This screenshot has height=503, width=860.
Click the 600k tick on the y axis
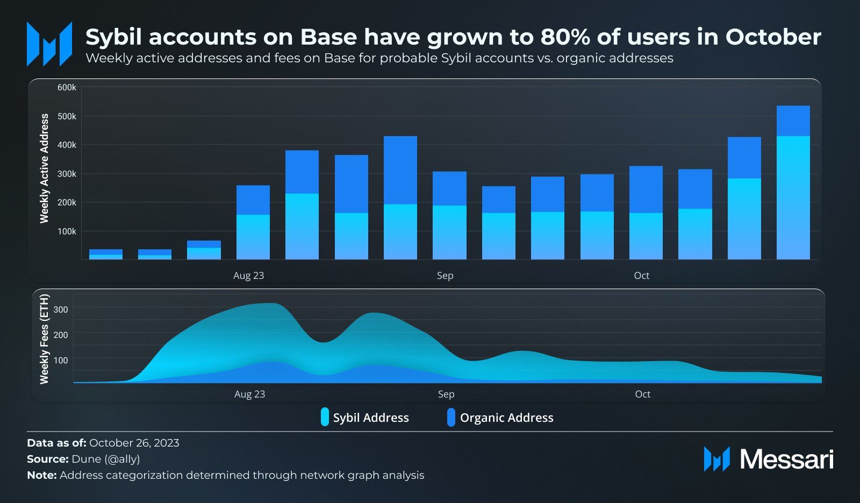[x=67, y=88]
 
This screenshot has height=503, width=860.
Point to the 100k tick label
[x=67, y=232]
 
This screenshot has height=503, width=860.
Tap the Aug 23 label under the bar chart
[x=248, y=276]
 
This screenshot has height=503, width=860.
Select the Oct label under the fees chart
[x=642, y=394]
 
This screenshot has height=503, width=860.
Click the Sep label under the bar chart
[x=445, y=276]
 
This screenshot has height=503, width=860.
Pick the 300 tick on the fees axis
[x=61, y=310]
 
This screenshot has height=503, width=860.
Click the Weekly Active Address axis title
[x=44, y=168]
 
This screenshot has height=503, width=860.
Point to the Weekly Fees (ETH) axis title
[x=44, y=339]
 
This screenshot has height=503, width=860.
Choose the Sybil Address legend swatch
[x=325, y=418]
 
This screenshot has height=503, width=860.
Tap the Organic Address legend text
[x=506, y=418]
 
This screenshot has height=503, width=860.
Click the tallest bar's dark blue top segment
[x=793, y=121]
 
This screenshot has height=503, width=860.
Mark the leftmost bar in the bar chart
[x=106, y=254]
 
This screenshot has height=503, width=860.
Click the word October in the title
[x=773, y=37]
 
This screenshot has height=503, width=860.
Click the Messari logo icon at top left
[x=49, y=44]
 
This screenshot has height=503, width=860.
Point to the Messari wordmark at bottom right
[x=786, y=459]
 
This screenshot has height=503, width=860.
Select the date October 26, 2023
[x=134, y=443]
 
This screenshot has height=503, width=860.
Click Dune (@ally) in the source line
[x=105, y=459]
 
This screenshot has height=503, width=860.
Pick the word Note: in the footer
[x=41, y=475]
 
